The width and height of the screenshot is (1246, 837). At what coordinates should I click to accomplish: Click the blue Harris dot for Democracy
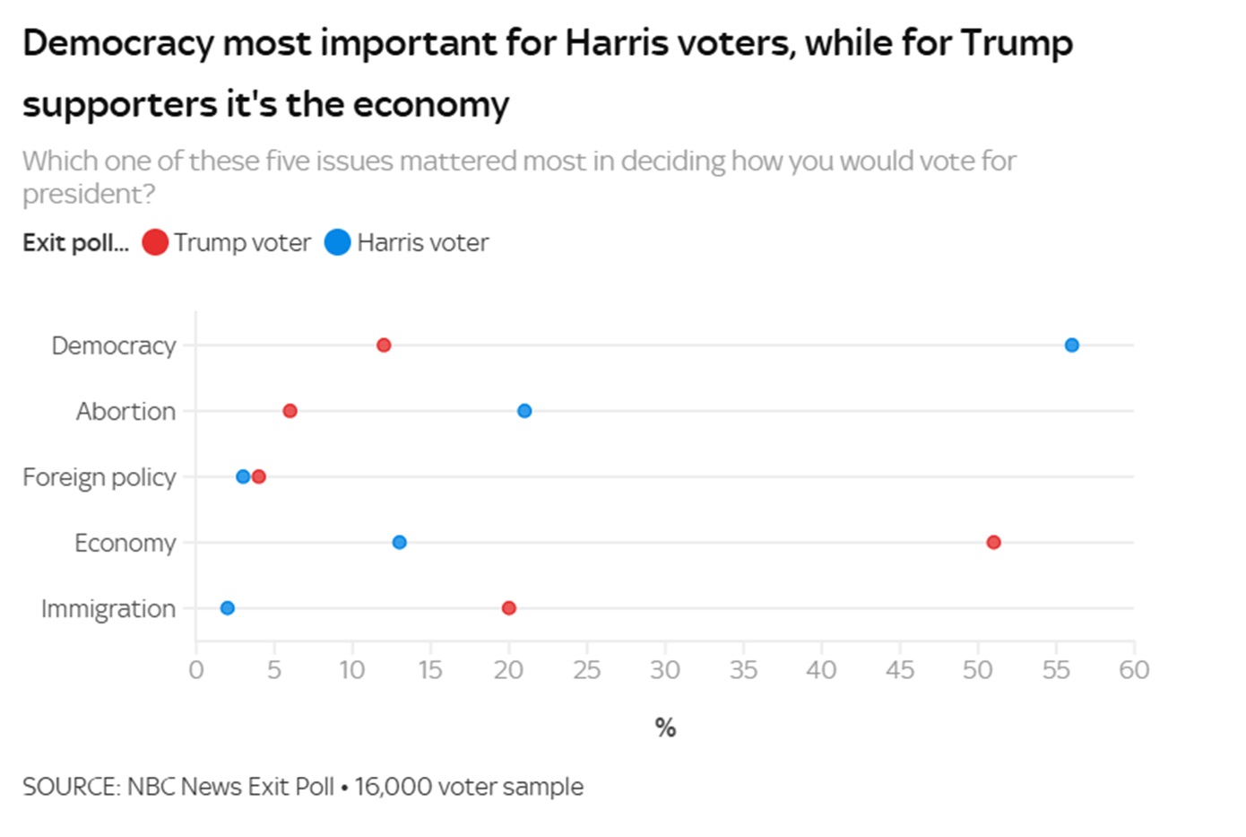(x=1071, y=345)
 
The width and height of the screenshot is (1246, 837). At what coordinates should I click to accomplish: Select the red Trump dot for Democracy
(x=384, y=345)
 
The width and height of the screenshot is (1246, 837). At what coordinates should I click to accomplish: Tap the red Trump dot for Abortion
(x=290, y=411)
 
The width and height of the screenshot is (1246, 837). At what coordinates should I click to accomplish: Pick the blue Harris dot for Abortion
(x=524, y=411)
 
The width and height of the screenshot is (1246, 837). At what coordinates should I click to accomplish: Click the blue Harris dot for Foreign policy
(x=243, y=476)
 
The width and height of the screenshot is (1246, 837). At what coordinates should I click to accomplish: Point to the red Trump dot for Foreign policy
(x=259, y=476)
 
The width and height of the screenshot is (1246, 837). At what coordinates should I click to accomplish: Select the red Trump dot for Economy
(x=993, y=542)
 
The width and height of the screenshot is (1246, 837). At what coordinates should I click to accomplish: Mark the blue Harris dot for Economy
(x=400, y=542)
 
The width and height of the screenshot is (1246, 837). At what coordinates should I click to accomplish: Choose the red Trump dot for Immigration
(x=509, y=608)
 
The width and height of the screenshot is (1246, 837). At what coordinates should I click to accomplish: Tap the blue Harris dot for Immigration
(x=228, y=608)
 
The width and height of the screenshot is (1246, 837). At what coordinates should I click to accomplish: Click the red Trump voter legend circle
(x=155, y=242)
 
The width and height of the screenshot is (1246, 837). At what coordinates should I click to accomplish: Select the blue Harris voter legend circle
(x=337, y=242)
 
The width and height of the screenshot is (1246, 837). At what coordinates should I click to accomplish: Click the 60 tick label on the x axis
(x=1134, y=670)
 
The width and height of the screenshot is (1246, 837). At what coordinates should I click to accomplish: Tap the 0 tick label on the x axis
(x=196, y=670)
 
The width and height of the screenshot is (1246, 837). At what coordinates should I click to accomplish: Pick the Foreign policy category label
(x=99, y=477)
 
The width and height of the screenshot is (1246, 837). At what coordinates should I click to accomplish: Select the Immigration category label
(x=108, y=609)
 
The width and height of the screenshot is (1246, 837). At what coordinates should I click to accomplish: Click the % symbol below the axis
(x=665, y=728)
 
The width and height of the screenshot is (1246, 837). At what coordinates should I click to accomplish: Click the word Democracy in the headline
(x=117, y=43)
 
